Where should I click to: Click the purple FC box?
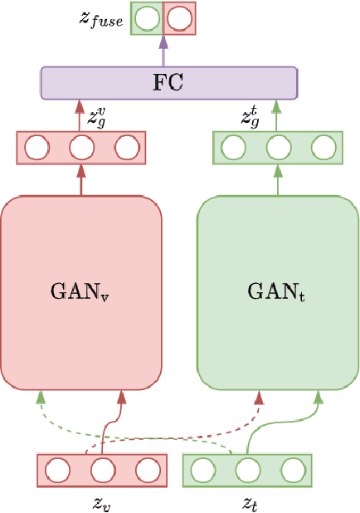point(169,83)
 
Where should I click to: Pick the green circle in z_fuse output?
point(147,18)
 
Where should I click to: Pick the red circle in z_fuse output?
point(177,18)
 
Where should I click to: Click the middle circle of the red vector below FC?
point(81,149)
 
